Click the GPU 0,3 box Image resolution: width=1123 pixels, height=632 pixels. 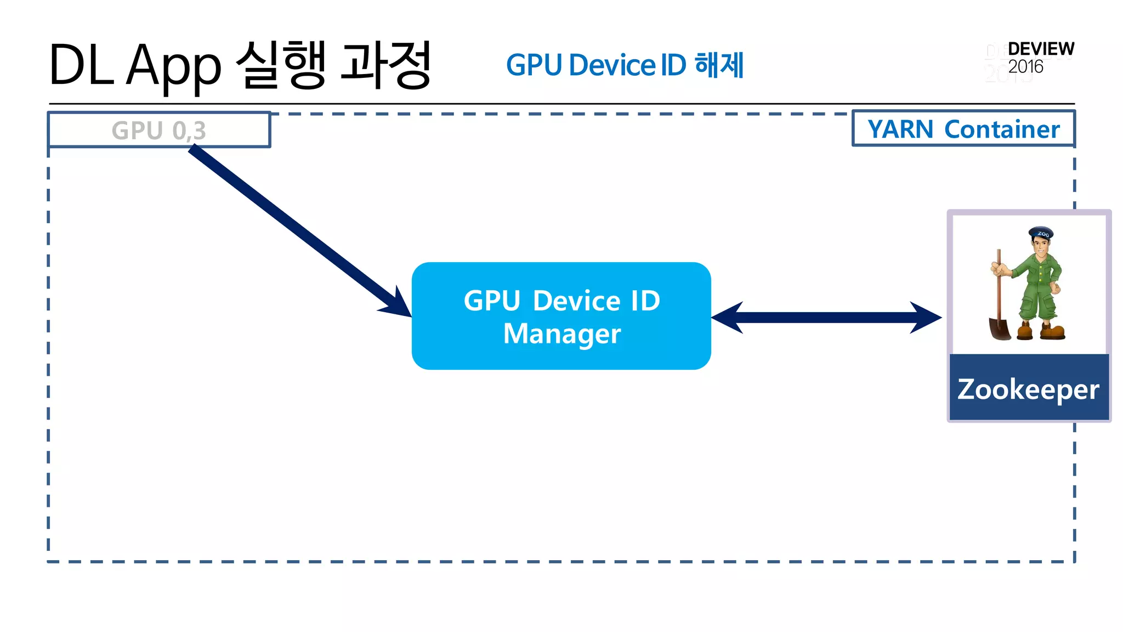tap(159, 130)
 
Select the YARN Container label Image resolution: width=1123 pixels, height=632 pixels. tap(963, 129)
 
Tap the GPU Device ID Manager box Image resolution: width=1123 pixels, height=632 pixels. tap(561, 316)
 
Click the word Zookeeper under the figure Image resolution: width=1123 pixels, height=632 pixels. tap(1028, 390)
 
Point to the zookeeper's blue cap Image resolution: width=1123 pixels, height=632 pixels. tap(1041, 233)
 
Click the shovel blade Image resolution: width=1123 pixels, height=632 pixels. tap(1000, 329)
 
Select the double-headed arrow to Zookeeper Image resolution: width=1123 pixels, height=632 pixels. tap(826, 317)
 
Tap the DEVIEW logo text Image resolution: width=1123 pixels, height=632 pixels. tap(1041, 49)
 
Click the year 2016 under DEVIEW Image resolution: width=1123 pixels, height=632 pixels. tap(1025, 67)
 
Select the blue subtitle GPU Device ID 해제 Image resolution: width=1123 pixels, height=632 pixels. tap(625, 65)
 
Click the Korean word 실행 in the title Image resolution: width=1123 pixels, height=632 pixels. tap(281, 65)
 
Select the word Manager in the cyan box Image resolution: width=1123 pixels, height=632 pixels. tap(562, 334)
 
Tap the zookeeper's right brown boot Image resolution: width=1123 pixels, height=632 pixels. tap(1053, 331)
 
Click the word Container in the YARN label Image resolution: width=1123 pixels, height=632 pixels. tap(1002, 129)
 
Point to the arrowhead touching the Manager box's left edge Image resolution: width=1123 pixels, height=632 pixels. tap(398, 305)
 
